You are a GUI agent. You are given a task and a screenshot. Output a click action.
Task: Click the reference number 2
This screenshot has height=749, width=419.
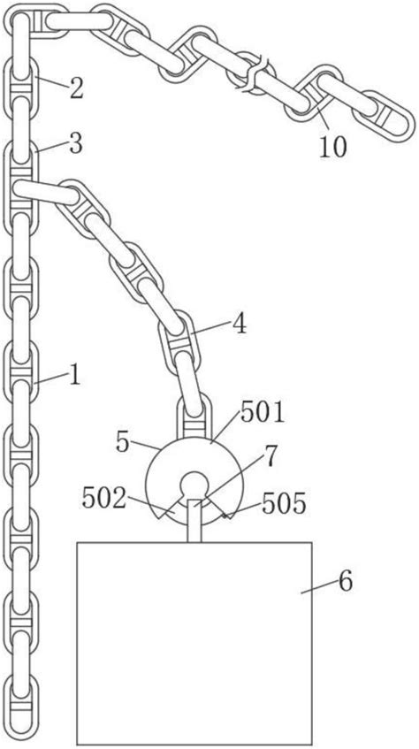click(x=76, y=89)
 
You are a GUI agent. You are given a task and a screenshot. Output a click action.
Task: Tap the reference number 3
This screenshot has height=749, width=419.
click(x=75, y=145)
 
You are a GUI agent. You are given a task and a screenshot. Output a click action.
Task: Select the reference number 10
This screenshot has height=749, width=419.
click(x=333, y=148)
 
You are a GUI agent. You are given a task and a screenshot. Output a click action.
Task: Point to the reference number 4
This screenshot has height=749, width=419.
click(x=240, y=325)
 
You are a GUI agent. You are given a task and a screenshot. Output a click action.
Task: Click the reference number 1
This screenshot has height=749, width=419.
click(x=74, y=376)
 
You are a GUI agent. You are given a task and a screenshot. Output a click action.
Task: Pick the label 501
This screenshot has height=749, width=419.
click(x=263, y=414)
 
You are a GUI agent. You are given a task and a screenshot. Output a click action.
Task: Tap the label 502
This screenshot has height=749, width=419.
click(x=103, y=499)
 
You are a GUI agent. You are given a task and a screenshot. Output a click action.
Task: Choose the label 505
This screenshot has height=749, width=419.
click(x=284, y=505)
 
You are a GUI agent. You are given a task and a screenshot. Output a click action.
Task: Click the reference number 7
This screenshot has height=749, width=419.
click(x=270, y=456)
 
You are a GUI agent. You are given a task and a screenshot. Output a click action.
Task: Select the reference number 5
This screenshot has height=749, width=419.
click(x=123, y=444)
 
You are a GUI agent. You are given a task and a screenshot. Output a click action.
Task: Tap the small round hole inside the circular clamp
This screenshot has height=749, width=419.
click(x=194, y=484)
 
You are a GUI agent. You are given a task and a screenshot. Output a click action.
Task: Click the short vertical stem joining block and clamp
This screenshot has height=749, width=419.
click(x=194, y=520)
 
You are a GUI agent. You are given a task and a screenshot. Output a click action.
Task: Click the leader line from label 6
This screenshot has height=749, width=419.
click(x=319, y=587)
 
